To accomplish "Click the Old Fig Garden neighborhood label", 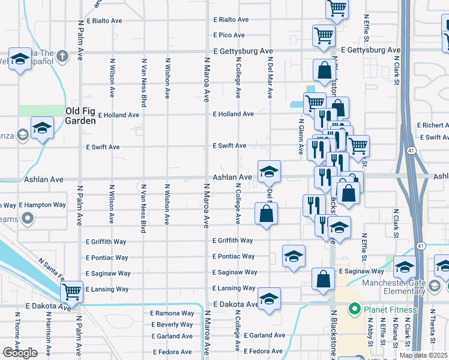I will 80,116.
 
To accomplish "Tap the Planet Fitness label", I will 389,310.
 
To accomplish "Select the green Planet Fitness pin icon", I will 354,310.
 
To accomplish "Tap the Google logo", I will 20,353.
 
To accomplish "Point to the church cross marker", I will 62,56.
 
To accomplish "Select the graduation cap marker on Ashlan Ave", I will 269,172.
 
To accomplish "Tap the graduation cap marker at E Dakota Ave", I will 269,299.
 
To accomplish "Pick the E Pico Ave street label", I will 231,35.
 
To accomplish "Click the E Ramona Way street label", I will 172,313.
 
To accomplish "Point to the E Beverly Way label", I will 172,325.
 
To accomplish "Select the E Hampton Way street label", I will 42,205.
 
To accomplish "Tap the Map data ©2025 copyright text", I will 423,355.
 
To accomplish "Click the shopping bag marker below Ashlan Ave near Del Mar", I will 266,213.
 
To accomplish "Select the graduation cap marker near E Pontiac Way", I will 294,256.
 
